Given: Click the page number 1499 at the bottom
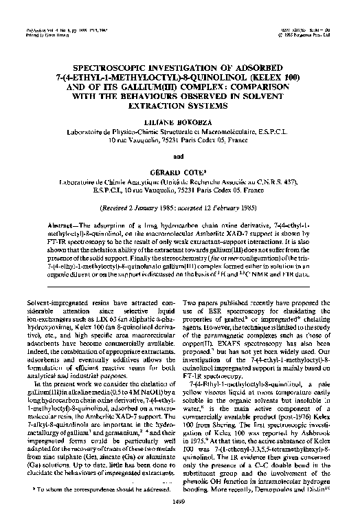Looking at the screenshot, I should click(x=179, y=522).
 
